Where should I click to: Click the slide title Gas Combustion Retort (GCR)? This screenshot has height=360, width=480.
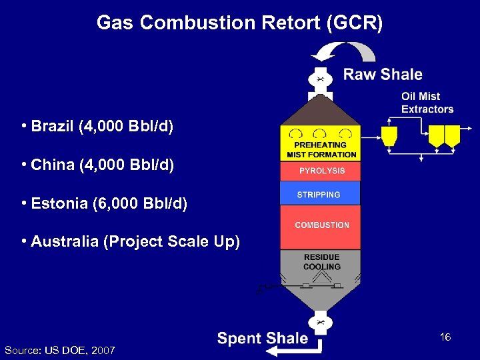(240, 23)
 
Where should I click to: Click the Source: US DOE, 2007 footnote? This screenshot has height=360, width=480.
(59, 350)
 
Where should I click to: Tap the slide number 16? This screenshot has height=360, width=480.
(445, 337)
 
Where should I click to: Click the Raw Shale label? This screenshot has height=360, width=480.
(383, 74)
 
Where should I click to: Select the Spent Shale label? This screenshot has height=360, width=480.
(263, 339)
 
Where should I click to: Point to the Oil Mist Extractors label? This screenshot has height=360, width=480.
(427, 103)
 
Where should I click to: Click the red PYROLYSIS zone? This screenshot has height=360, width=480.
(321, 171)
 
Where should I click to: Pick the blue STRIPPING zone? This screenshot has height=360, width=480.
(320, 194)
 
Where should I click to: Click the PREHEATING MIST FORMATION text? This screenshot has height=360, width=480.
(321, 149)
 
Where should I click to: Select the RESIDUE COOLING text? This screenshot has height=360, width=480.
(321, 262)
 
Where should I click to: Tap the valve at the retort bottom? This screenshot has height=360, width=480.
(321, 323)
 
